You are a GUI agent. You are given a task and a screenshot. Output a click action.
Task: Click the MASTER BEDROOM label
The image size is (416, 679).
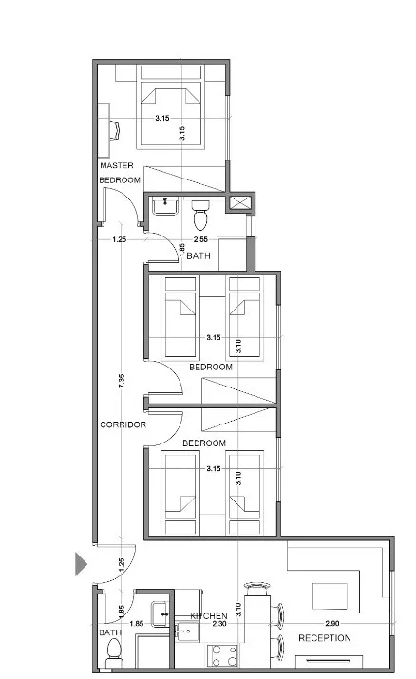tap(120, 173)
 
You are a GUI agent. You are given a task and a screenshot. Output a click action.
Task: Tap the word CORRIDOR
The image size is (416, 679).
tap(123, 424)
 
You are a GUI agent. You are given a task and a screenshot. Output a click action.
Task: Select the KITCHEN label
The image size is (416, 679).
tap(208, 616)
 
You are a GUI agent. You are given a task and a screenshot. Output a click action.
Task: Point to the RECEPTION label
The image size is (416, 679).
tap(325, 638)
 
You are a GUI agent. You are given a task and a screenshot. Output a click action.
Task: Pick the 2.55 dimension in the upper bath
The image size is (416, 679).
tap(200, 239)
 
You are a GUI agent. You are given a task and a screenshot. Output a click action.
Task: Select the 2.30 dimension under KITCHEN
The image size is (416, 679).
tap(218, 625)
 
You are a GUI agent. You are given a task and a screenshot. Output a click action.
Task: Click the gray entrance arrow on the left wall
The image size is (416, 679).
tap(83, 564)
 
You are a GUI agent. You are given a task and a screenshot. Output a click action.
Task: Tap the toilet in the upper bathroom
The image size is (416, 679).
tap(200, 215)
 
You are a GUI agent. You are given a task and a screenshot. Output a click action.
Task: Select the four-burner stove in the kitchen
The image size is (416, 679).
tap(223, 654)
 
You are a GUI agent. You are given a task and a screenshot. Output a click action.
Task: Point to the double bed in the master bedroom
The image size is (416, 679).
tap(171, 112)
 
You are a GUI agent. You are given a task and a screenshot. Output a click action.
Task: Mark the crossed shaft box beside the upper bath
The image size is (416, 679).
tap(241, 201)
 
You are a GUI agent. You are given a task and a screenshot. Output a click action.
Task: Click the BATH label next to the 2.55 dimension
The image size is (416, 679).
tap(199, 256)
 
